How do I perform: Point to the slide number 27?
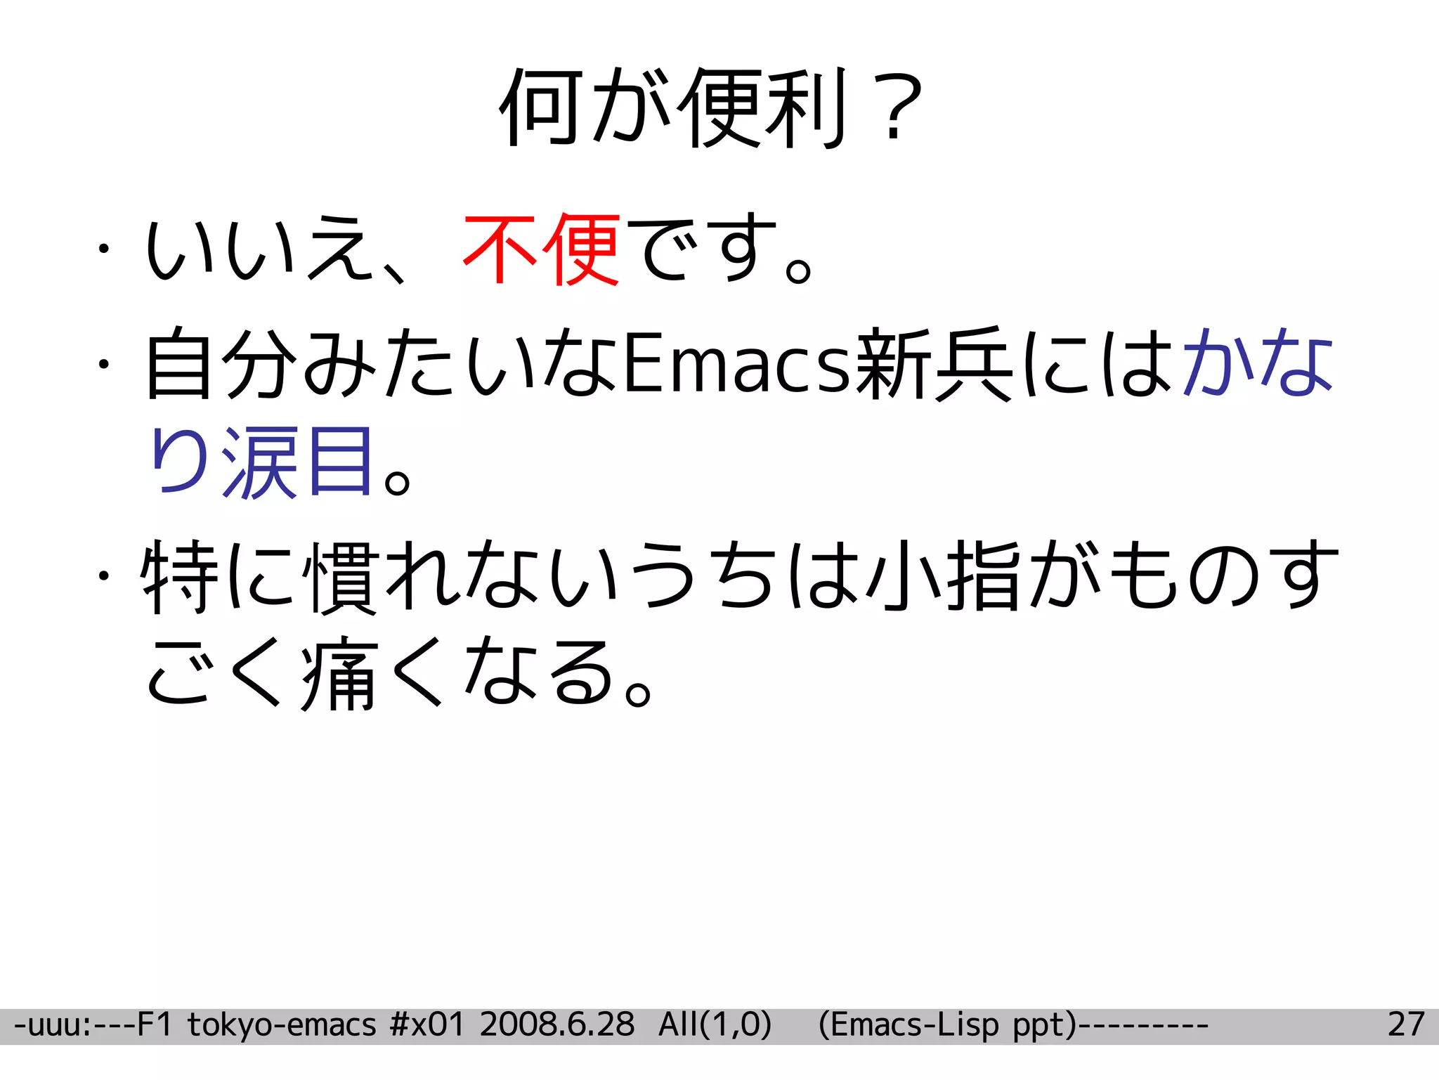pos(1406,1025)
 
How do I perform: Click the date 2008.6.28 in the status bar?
pos(557,1025)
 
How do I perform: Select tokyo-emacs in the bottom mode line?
pos(282,1025)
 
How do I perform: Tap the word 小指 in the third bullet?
pos(944,576)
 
